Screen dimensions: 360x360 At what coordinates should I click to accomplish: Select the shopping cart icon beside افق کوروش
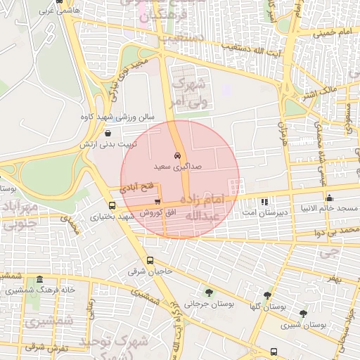coord(167,201)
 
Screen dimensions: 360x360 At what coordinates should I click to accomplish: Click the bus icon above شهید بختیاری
coord(112,205)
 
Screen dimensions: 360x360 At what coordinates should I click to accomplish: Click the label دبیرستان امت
coord(259,212)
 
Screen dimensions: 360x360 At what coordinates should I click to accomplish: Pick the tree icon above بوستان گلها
coord(267,295)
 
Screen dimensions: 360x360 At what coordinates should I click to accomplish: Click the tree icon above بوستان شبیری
coord(303,314)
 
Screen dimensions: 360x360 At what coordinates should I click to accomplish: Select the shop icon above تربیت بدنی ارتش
coord(108,132)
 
